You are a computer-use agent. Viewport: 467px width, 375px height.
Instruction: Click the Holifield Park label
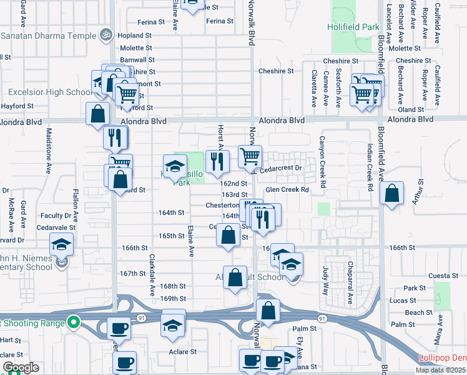[x=353, y=27]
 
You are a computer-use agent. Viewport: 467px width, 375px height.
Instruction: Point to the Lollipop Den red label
[x=443, y=358]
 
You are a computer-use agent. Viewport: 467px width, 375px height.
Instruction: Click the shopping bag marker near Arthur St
[x=391, y=193]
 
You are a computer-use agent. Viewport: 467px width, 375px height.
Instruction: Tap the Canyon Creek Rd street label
[x=323, y=162]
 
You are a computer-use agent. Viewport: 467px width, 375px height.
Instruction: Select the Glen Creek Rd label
[x=288, y=189]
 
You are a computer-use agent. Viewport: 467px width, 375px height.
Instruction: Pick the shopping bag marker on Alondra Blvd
[x=98, y=114]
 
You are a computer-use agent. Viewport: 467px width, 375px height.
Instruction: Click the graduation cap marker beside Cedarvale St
[x=61, y=244]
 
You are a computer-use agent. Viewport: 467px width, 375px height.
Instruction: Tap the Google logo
[x=21, y=367]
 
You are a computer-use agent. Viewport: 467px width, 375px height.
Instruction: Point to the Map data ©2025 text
[x=440, y=370]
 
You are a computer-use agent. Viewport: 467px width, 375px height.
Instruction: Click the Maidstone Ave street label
[x=49, y=151]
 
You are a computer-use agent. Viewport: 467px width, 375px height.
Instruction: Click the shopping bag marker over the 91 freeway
[x=268, y=311]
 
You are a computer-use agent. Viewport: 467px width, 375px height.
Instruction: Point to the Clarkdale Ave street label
[x=151, y=275]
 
